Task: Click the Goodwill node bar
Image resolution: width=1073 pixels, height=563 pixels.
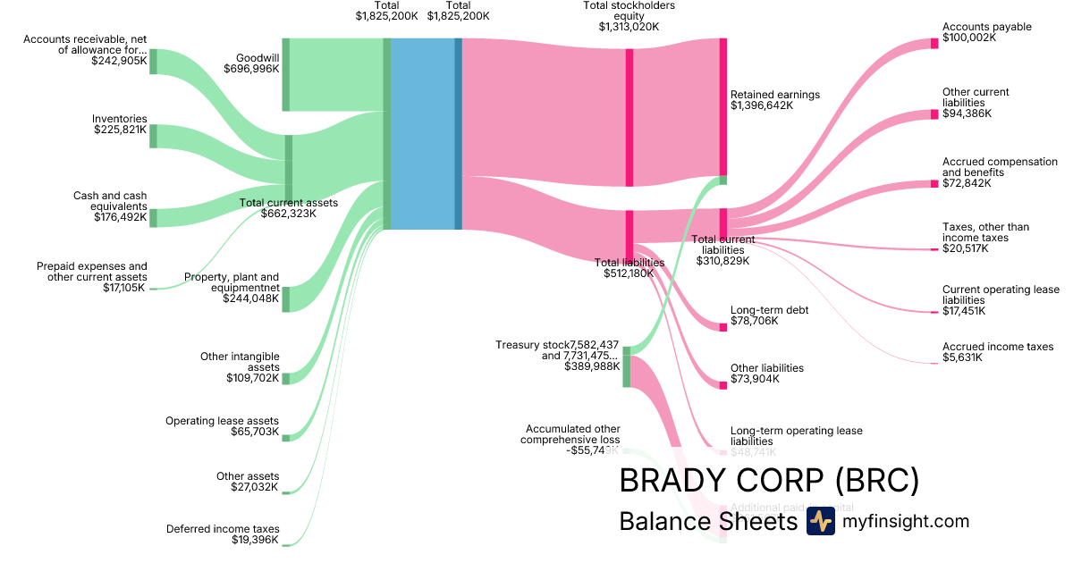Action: coord(286,74)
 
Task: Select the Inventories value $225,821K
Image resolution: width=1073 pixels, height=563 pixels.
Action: coord(120,130)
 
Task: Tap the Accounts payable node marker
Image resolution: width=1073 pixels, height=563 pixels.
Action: coord(934,43)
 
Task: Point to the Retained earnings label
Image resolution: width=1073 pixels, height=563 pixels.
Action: coord(774,95)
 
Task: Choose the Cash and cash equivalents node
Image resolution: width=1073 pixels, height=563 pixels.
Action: coord(153,218)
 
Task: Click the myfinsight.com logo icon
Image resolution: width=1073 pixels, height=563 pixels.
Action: coord(820,521)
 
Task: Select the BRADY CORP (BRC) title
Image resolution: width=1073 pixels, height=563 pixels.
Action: coord(768,481)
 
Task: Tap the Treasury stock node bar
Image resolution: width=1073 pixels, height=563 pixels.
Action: coord(627,366)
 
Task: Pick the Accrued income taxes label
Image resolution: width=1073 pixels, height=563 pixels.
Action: coord(998,347)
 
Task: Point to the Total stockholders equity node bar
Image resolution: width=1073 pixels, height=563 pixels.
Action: coord(629,117)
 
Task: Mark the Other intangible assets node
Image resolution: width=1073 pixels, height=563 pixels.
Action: coord(286,379)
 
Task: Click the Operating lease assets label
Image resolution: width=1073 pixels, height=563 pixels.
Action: coord(222,421)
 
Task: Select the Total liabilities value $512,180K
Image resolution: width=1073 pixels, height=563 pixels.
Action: coord(629,273)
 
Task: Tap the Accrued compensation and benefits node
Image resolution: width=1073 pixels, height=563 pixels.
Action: coord(934,184)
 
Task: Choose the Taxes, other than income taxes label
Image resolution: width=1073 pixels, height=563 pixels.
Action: coord(985,232)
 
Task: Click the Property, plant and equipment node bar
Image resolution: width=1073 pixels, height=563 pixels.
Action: coord(286,299)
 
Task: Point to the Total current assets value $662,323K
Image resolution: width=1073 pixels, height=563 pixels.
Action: coord(288,214)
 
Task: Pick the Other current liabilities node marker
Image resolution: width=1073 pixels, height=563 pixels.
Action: coord(934,114)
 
